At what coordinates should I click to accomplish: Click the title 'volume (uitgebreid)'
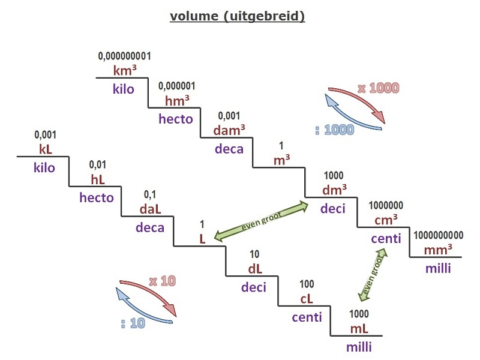click(237, 16)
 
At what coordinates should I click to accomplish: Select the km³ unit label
click(125, 70)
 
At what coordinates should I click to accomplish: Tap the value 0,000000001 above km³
click(124, 56)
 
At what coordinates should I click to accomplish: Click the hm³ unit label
click(177, 100)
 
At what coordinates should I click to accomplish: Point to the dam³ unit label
click(229, 130)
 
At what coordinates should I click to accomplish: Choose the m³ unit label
click(281, 160)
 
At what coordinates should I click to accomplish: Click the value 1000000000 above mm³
click(439, 235)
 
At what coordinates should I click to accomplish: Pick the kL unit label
click(46, 149)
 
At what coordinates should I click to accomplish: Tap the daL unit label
click(150, 209)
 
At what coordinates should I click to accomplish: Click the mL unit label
click(359, 329)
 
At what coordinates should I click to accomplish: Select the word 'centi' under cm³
click(386, 238)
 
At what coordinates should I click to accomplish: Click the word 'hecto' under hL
click(97, 197)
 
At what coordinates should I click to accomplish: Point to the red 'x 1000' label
click(379, 88)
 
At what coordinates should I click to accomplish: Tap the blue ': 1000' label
click(335, 130)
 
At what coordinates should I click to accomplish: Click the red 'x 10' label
click(163, 281)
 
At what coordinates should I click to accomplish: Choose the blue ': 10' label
click(133, 323)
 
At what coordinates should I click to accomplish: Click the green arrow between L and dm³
click(261, 221)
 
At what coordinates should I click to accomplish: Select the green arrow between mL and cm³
click(373, 275)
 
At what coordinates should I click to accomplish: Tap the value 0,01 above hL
click(98, 164)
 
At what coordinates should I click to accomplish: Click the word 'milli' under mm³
click(439, 268)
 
